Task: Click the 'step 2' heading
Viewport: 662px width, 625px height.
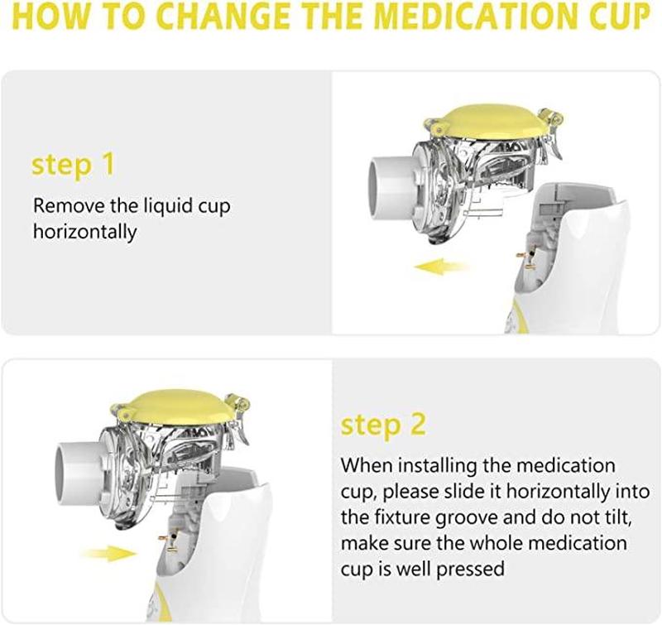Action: [x=383, y=425]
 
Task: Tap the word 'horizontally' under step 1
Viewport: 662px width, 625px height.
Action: [x=85, y=233]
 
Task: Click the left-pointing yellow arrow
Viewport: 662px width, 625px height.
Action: [x=441, y=267]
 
